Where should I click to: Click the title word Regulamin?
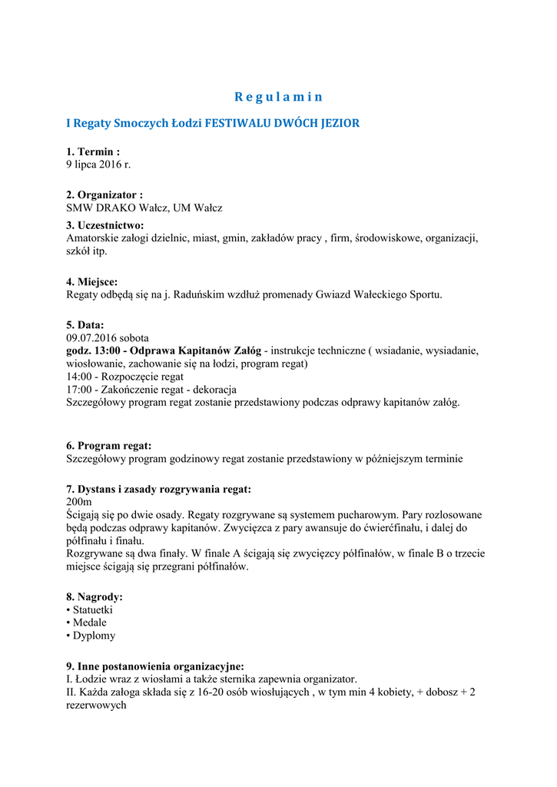coord(278,97)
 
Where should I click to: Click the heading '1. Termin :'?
coord(93,152)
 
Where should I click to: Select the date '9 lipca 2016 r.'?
coord(98,164)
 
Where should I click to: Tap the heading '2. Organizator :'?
coord(104,195)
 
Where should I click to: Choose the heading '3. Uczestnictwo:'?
coord(105,225)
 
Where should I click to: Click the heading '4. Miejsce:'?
coord(92,281)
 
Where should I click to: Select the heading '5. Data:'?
coord(85,325)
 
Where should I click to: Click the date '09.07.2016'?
coord(90,337)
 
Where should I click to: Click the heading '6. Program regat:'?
coord(109,446)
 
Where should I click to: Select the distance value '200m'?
coord(78,501)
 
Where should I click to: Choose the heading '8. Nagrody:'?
coord(94,596)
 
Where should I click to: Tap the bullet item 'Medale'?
coord(90,623)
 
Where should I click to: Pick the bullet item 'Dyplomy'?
coord(94,636)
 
